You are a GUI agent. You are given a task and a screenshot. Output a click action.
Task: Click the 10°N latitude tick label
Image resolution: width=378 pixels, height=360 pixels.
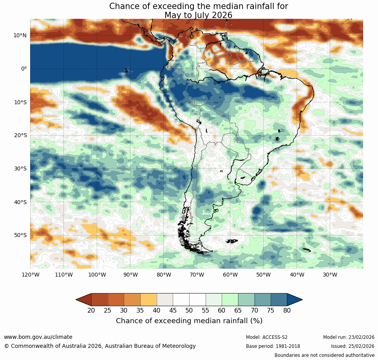coord(20,35)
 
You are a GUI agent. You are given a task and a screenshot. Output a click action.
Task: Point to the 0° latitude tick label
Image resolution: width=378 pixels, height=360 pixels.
coord(24,69)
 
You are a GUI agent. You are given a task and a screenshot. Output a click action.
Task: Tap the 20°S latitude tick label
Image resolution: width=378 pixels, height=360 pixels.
coord(20,135)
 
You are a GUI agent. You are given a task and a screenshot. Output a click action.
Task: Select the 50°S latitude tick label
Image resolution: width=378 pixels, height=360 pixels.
coord(20,235)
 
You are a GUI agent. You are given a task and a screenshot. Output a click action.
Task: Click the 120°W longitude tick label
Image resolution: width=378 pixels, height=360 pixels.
coord(30,275)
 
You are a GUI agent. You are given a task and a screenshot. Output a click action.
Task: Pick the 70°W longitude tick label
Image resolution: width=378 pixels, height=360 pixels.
coord(197,275)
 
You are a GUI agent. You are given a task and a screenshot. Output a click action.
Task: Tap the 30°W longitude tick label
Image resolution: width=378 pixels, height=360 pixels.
coord(330,275)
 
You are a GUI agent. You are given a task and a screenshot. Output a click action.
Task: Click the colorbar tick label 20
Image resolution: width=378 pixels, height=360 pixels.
coord(91,311)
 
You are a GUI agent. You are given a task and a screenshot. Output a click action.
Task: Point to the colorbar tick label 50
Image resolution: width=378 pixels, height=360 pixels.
coord(189,311)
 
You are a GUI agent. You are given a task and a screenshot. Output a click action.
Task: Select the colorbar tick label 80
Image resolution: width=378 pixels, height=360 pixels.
coord(287,311)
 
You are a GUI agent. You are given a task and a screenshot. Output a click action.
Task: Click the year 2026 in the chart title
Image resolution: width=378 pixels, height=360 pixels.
coord(221,15)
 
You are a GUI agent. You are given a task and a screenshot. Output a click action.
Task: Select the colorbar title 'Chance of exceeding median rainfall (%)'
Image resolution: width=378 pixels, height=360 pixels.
coord(189,321)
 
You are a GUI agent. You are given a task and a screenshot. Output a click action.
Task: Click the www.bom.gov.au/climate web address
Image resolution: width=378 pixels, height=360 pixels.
coord(38,337)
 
